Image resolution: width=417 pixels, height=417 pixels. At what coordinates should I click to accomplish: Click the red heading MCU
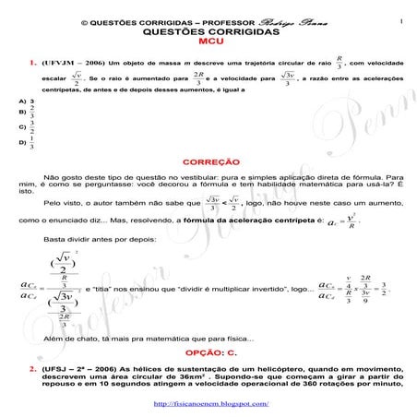tap(208, 42)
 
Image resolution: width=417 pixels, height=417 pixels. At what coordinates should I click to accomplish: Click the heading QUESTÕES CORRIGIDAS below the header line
tap(208, 30)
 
